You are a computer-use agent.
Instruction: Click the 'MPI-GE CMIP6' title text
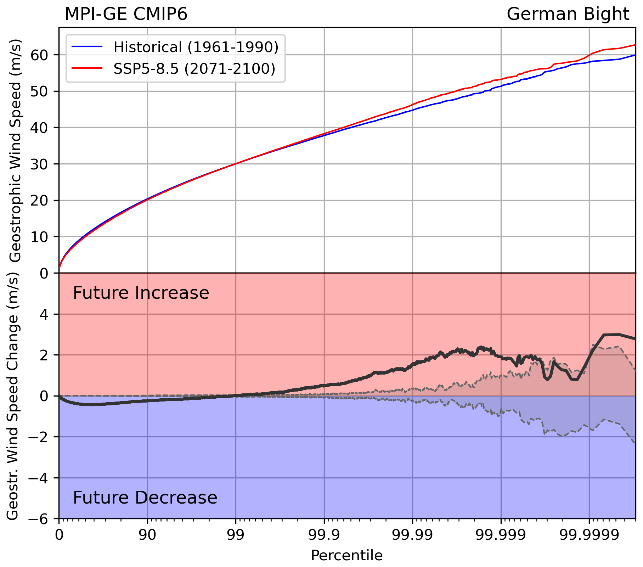[x=126, y=15]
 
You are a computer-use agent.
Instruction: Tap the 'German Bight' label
[x=568, y=15]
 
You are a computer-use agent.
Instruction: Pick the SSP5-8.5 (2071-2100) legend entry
[x=194, y=68]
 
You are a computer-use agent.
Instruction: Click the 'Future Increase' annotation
[x=141, y=293]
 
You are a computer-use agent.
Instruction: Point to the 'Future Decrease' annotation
[x=145, y=498]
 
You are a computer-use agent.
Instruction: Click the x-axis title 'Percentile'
[x=346, y=555]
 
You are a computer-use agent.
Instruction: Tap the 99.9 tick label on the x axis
[x=324, y=535]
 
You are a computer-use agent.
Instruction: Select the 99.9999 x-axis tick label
[x=589, y=535]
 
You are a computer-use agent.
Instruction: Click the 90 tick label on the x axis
[x=147, y=535]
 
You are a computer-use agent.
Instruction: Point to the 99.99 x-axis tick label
[x=412, y=535]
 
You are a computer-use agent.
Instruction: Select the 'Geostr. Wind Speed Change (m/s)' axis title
[x=13, y=396]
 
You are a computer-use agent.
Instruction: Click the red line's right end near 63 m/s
[x=634, y=45]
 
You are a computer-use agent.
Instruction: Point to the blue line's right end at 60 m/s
[x=634, y=55]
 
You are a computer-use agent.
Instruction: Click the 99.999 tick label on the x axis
[x=501, y=535]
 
